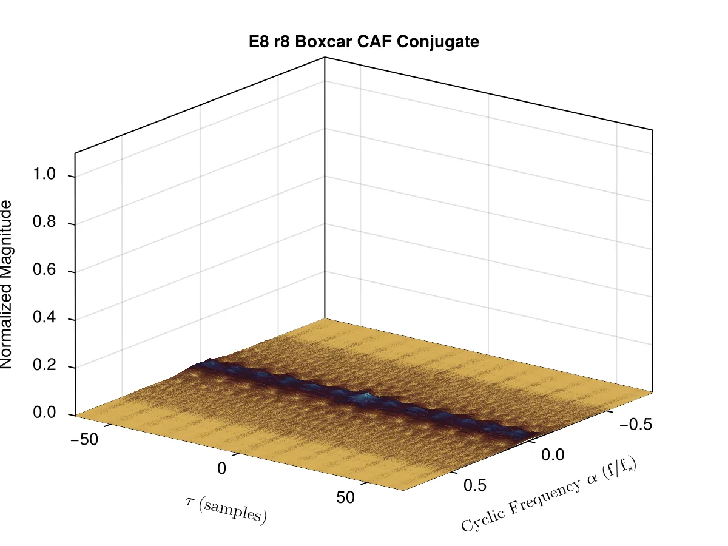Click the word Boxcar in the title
pos(323,42)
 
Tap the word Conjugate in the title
pos(438,42)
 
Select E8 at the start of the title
pos(259,42)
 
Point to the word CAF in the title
pos(374,42)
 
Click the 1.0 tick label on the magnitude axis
pos(44,174)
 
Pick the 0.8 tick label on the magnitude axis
pos(44,221)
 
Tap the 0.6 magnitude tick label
pos(44,269)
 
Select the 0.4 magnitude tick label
pos(44,317)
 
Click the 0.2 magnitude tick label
pos(44,365)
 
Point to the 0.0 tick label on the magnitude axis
pos(44,413)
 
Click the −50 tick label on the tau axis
pos(84,440)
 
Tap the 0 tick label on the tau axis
pos(222,468)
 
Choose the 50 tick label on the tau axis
pos(345,497)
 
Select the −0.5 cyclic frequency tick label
pos(636,425)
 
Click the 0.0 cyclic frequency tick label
pos(553,455)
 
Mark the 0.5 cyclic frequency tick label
pos(475,485)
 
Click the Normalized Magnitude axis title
pos(6,285)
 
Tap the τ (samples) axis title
pos(226,511)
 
